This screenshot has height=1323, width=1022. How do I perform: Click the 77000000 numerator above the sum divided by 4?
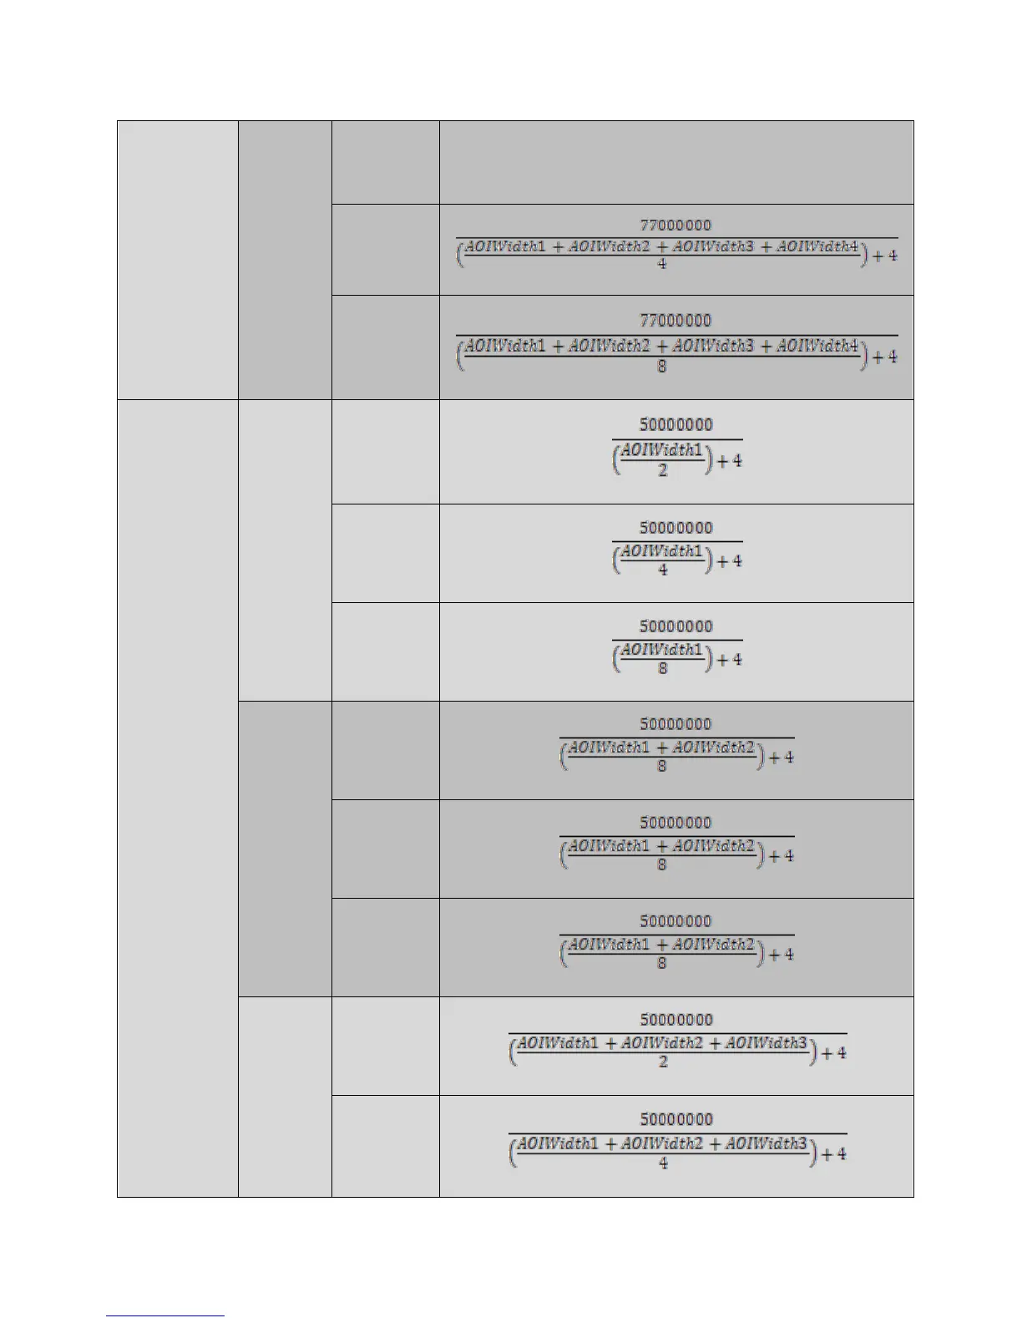(x=675, y=225)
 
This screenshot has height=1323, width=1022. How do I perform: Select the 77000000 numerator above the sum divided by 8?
(x=675, y=320)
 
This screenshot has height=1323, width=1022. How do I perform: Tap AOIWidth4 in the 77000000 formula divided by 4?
(x=817, y=246)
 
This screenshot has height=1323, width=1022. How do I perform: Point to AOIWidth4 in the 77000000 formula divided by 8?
(x=817, y=345)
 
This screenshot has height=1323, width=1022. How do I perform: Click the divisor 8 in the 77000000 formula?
(x=661, y=366)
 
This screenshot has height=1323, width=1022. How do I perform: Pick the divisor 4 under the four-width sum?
(x=661, y=264)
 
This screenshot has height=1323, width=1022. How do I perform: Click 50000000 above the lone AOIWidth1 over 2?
(x=676, y=424)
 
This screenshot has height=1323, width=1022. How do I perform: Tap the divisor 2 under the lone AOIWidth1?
(x=662, y=470)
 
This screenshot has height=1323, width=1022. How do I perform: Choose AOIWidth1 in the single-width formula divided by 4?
(x=662, y=550)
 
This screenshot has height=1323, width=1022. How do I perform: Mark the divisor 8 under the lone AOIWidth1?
(x=662, y=668)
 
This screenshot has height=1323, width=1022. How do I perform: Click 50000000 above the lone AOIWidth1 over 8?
(x=676, y=626)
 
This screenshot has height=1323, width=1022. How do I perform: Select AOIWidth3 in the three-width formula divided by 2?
(x=766, y=1042)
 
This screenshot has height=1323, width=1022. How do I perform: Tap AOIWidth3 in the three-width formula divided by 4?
(x=766, y=1143)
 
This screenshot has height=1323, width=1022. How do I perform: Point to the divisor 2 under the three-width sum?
(x=662, y=1062)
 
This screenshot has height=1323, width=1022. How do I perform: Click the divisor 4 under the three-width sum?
(x=662, y=1163)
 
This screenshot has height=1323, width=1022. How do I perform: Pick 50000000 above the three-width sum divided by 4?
(x=676, y=1119)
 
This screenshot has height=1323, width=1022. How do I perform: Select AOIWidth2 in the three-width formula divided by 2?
(x=662, y=1042)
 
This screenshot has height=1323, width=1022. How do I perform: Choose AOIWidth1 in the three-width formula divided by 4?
(x=558, y=1143)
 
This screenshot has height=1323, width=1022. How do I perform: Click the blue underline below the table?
(x=165, y=1315)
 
